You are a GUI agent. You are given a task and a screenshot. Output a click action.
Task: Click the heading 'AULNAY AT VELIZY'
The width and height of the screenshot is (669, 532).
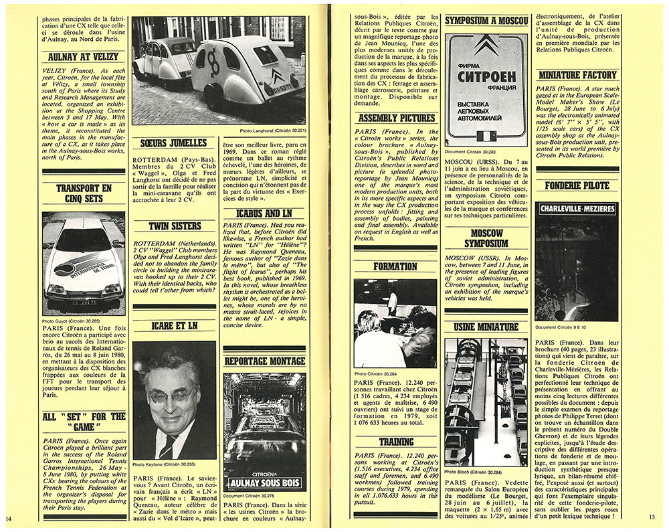tap(84, 58)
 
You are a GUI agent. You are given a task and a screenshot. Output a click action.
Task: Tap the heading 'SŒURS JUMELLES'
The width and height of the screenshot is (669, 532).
tap(173, 143)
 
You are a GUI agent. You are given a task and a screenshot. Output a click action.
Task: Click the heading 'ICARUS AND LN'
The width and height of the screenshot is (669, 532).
tap(263, 213)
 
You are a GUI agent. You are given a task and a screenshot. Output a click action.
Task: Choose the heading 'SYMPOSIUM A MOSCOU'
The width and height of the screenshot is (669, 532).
tap(487, 21)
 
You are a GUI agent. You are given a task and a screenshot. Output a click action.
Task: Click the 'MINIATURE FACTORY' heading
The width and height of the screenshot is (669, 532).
tap(577, 75)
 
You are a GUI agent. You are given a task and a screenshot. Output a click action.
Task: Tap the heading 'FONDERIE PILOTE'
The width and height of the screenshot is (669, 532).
tap(577, 185)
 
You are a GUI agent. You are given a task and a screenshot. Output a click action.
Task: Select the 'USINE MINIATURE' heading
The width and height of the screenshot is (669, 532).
tap(487, 327)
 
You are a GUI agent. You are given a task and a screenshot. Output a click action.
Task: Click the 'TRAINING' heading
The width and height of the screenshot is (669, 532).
tap(397, 442)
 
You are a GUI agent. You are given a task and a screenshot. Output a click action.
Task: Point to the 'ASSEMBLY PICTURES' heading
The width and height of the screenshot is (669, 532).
tap(397, 118)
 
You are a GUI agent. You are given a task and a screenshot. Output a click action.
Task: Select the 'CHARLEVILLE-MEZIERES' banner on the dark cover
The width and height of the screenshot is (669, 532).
tap(576, 209)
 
